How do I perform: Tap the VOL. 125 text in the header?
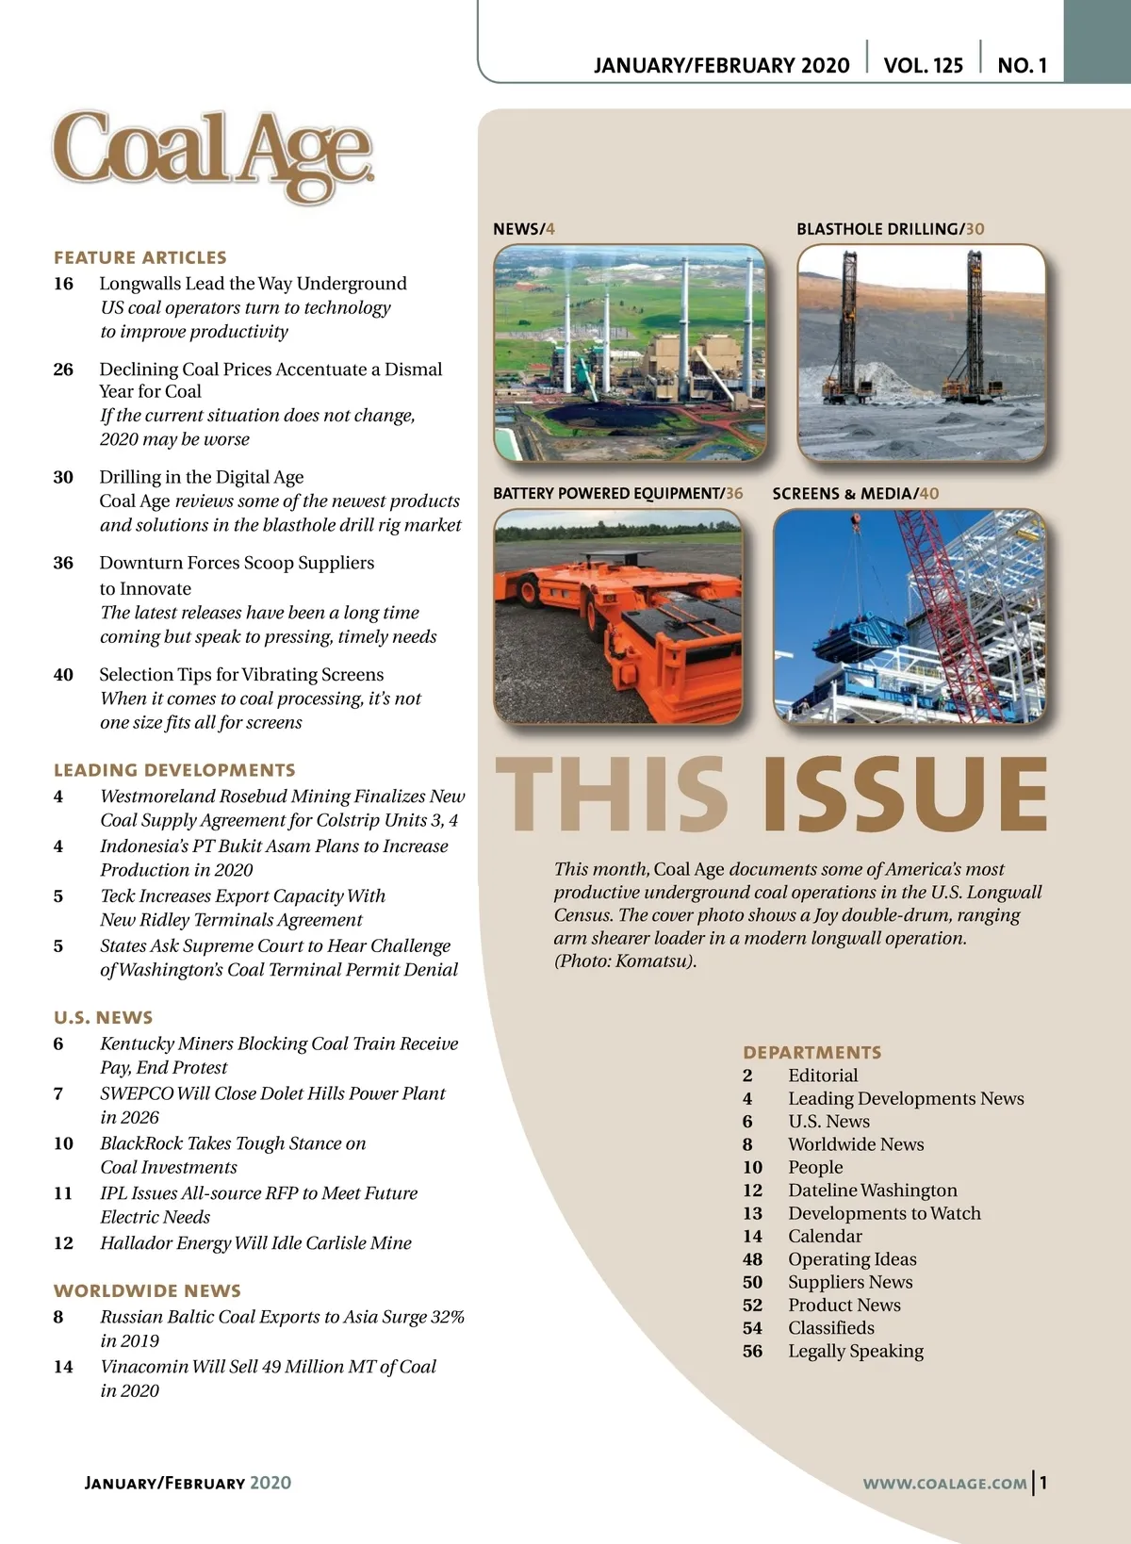coord(923,65)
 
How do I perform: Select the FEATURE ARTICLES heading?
coord(140,257)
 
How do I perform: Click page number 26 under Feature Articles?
coord(63,370)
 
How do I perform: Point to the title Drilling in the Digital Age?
coord(202,477)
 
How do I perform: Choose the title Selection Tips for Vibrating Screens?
coord(241,674)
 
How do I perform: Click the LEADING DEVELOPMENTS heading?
coord(174,770)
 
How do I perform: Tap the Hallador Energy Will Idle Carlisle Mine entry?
coord(255,1242)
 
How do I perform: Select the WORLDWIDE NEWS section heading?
coord(147,1290)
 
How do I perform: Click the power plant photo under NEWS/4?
coord(630,353)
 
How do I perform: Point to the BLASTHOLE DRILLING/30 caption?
coord(890,229)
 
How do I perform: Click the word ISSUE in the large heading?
coord(904,794)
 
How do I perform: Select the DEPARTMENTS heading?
coord(811,1052)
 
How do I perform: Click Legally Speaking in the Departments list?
coord(856,1351)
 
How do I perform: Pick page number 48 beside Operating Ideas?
coord(752,1259)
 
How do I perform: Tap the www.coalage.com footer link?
coord(944,1483)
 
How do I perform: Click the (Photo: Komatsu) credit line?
coord(625,961)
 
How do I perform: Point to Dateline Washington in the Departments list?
coord(872,1191)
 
